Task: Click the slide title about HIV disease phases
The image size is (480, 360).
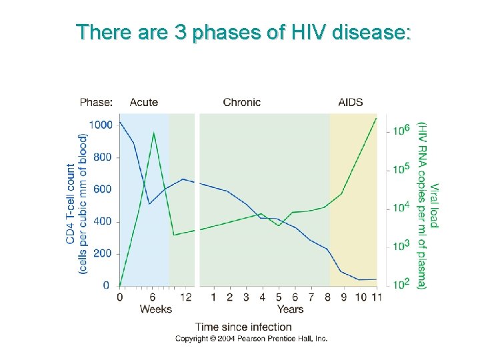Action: point(243,31)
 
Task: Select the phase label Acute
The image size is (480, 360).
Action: point(143,102)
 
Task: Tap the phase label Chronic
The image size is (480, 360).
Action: point(241,102)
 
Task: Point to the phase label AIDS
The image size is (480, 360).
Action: point(351,102)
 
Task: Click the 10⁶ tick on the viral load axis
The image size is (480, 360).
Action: point(400,131)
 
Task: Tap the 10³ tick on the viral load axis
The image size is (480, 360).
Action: point(400,246)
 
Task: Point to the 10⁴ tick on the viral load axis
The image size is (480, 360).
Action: point(400,207)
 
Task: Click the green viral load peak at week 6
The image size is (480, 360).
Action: point(154,133)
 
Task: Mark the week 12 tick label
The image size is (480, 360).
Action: point(186,296)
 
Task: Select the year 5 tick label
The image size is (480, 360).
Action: point(279,296)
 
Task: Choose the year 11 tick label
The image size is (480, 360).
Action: point(377,296)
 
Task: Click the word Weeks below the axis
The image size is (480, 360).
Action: point(155,309)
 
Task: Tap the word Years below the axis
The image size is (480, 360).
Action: point(290,309)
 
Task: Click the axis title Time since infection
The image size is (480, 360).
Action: point(243,327)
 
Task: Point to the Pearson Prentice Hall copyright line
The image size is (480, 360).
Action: point(251,339)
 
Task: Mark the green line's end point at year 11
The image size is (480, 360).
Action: point(377,118)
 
